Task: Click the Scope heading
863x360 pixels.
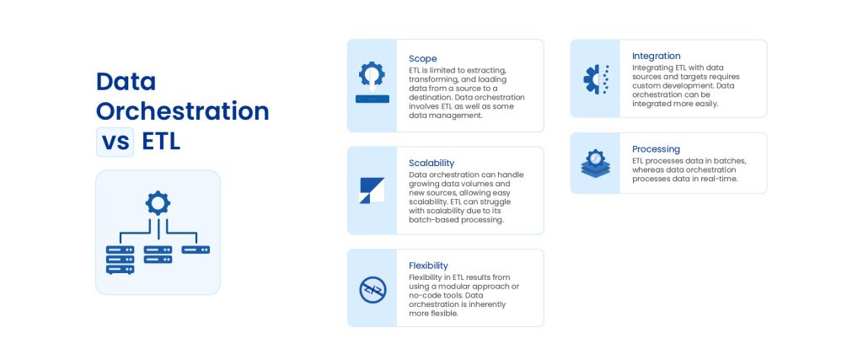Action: tap(423, 58)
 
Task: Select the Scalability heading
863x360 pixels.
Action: tap(431, 163)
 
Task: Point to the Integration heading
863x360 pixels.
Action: tap(657, 56)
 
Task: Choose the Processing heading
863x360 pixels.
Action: tap(656, 149)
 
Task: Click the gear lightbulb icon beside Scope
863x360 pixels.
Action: tap(372, 82)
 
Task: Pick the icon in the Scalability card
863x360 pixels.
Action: tap(372, 191)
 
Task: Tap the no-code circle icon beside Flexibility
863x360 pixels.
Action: tap(372, 289)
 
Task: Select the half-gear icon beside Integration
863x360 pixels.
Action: tap(596, 78)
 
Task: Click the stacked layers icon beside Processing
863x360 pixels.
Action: tap(596, 163)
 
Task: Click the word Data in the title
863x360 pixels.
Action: tap(126, 82)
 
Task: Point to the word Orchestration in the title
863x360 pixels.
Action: tap(182, 111)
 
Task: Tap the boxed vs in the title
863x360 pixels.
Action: tap(115, 141)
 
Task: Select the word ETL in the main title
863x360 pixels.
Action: tap(161, 141)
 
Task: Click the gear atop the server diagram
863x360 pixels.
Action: tap(158, 203)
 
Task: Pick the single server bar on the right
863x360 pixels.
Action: tap(196, 250)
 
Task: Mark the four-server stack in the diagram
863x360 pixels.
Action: tap(120, 260)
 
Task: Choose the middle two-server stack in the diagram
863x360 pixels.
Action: tap(158, 255)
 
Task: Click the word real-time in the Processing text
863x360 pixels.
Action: tap(717, 179)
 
